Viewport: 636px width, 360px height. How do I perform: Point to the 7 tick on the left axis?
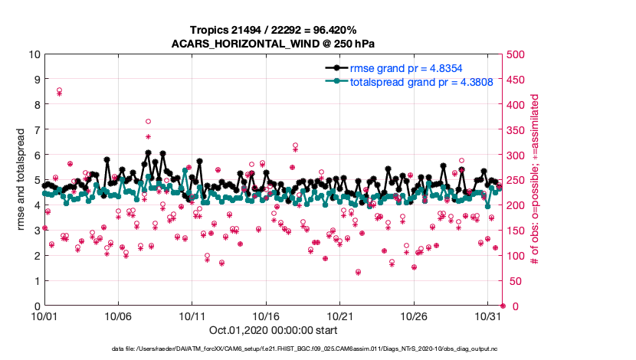(37, 130)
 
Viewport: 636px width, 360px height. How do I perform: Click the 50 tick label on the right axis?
(514, 281)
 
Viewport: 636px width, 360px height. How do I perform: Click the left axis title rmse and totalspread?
(21, 180)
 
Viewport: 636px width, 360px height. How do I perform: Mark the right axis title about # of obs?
(535, 180)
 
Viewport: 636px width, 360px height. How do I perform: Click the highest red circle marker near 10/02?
(59, 90)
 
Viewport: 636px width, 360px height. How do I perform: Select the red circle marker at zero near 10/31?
(502, 306)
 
